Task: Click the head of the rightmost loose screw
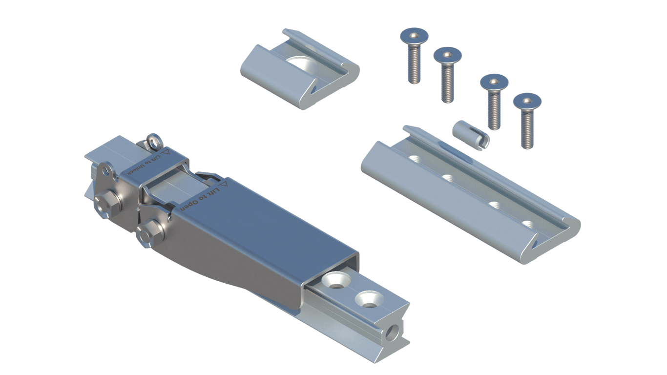(527, 101)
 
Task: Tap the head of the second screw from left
(448, 55)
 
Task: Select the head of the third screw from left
(494, 82)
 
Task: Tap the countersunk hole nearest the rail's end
(369, 299)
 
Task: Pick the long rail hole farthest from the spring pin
(527, 225)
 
